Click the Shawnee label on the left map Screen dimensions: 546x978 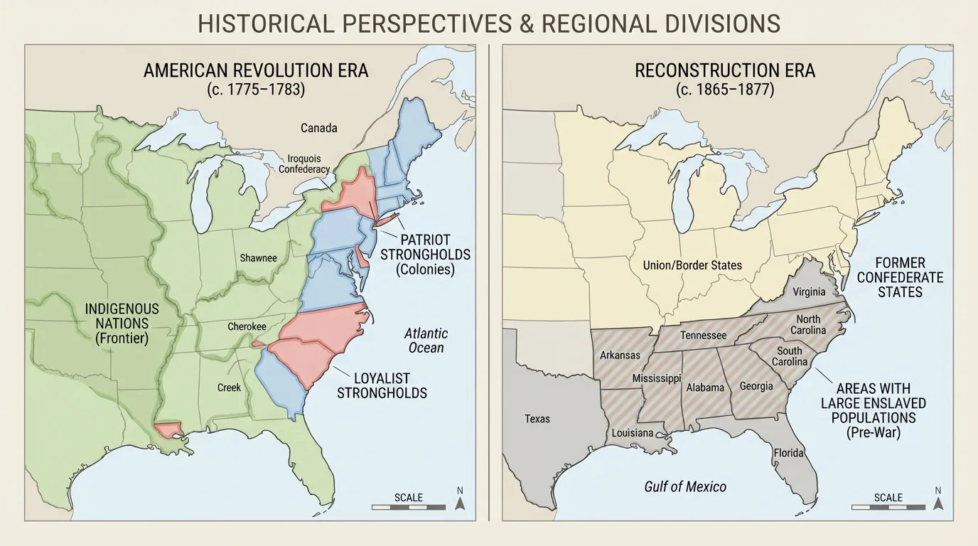(x=258, y=258)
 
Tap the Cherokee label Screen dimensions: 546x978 (x=247, y=326)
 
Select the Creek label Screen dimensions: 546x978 (x=229, y=387)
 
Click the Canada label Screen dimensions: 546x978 (x=318, y=128)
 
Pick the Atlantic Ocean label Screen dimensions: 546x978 (x=426, y=341)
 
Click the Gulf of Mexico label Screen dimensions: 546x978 (x=685, y=486)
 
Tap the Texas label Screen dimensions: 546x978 (x=537, y=419)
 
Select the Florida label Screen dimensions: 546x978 (x=789, y=453)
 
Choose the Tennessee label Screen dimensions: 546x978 (x=703, y=335)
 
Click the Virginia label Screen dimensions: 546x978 (x=810, y=291)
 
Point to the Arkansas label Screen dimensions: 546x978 (x=620, y=355)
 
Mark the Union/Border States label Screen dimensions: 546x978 (x=692, y=265)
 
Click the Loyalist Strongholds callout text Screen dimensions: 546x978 (x=382, y=385)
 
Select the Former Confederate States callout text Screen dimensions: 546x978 (x=900, y=277)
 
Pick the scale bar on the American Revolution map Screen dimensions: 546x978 (x=409, y=507)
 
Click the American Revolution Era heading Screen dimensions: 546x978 (x=255, y=71)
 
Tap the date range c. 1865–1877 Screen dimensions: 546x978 (x=724, y=90)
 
